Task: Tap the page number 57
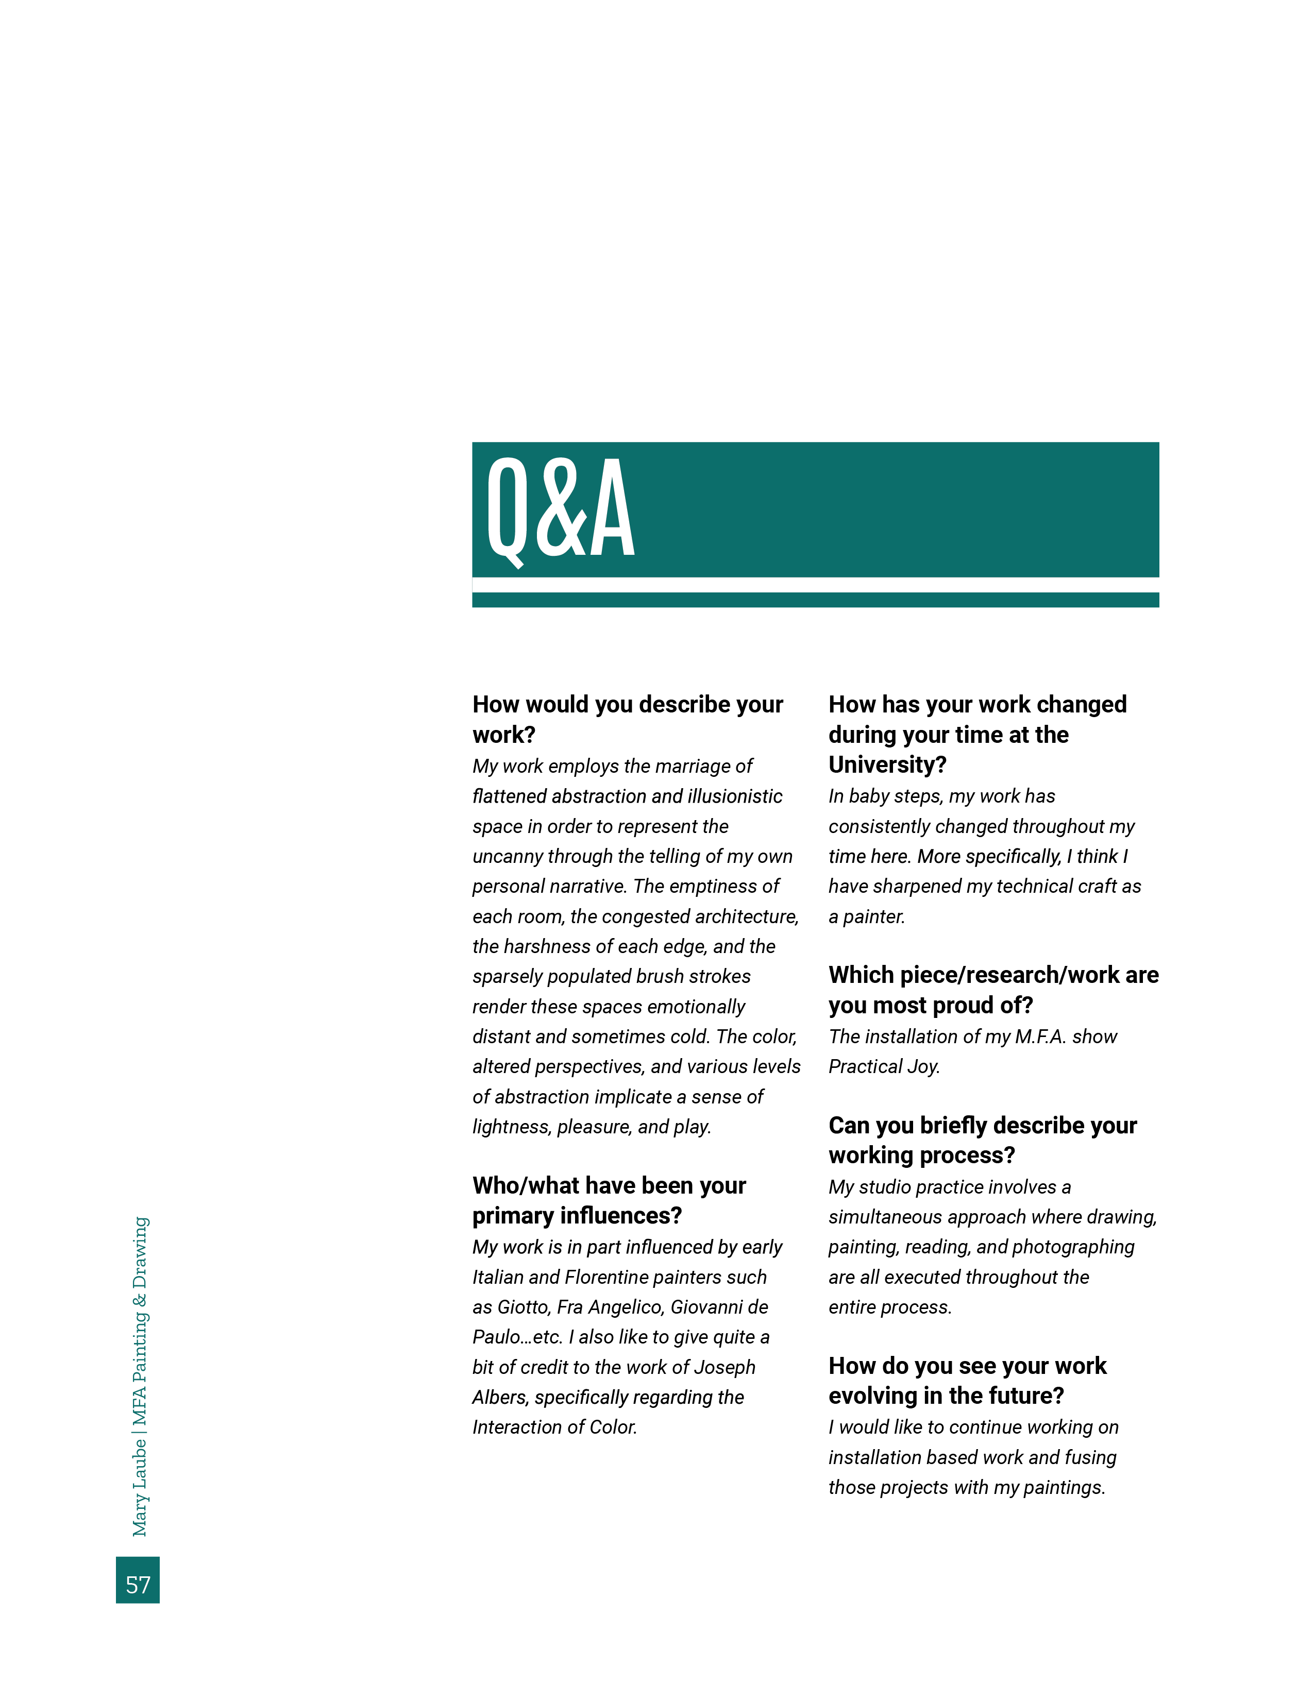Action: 138,1585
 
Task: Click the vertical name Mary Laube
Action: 139,1488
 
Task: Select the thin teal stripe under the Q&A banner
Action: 815,600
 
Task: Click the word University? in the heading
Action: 887,765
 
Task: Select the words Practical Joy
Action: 884,1066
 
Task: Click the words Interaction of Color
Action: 554,1427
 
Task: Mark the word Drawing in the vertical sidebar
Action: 139,1252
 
